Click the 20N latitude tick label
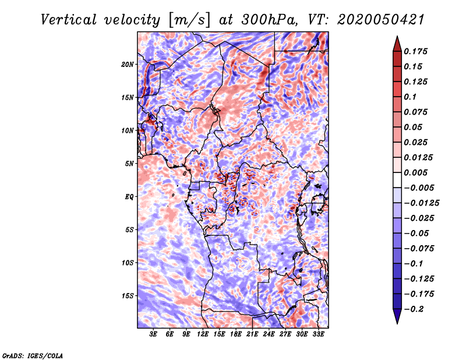pos(128,64)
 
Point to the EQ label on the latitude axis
pos(129,196)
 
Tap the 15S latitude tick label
pos(128,296)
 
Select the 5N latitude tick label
pos(129,164)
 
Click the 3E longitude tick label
pos(153,334)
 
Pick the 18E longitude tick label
pos(236,334)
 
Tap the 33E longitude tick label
pos(318,334)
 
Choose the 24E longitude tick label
pos(269,334)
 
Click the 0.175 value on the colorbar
pos(416,51)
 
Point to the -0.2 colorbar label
pos(414,309)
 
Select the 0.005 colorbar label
pos(416,172)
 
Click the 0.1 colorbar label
pos(411,97)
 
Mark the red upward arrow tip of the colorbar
pos(397,36)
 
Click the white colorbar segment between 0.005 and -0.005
pos(397,180)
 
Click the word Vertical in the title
pos(69,20)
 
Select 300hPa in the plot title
pos(269,20)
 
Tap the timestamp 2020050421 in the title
pos(381,20)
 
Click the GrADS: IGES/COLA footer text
pos(33,356)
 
